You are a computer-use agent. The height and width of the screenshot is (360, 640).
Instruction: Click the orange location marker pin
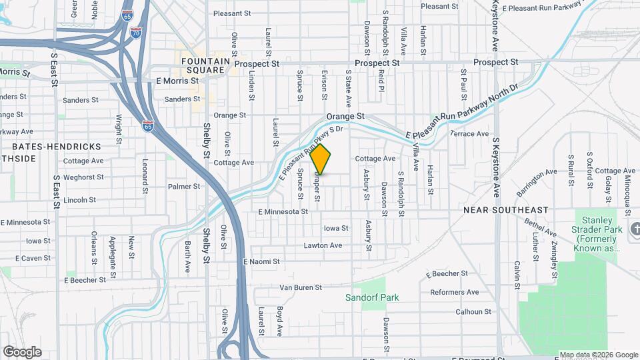321,159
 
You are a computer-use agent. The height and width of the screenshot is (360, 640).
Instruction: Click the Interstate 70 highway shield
135,32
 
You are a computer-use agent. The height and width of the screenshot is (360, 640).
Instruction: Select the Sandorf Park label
372,297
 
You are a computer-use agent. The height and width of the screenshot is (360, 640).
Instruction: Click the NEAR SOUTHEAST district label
506,210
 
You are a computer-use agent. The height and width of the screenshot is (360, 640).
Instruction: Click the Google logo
22,351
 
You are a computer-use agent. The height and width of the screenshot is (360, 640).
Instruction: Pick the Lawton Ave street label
323,245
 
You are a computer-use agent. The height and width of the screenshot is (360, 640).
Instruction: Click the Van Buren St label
300,288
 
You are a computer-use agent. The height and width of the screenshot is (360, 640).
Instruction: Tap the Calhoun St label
473,311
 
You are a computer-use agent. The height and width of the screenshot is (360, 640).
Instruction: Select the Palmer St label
184,187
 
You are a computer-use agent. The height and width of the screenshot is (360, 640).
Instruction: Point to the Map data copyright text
598,355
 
